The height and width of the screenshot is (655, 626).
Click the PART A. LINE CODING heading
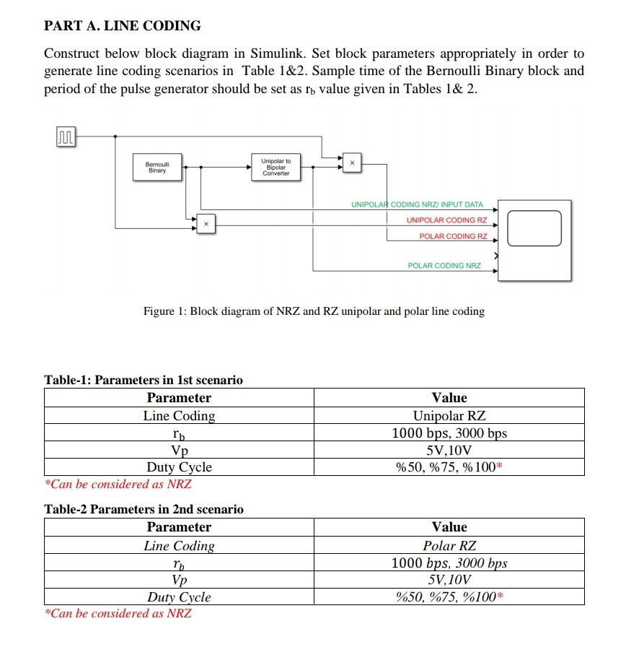[123, 26]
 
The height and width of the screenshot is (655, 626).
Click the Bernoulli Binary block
[157, 167]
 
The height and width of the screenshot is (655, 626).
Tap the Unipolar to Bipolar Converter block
[276, 167]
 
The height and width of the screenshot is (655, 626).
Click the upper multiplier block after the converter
[352, 164]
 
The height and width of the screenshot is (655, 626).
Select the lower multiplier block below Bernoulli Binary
[206, 225]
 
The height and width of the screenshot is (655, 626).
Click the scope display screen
[534, 228]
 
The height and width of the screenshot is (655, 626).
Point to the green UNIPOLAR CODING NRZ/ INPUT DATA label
[417, 205]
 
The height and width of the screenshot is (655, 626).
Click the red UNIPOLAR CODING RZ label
[446, 220]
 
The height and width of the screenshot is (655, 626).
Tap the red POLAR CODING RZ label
[453, 236]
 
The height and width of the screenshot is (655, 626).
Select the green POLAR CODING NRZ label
[444, 266]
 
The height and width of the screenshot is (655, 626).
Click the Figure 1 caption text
[314, 311]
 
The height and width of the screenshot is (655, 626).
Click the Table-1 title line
[144, 380]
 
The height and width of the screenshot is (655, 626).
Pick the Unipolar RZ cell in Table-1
[449, 416]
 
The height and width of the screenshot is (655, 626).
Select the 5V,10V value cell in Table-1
[449, 450]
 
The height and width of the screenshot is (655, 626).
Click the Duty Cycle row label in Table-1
[179, 467]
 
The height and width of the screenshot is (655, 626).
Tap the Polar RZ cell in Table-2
[449, 546]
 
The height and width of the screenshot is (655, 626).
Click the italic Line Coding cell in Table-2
[179, 546]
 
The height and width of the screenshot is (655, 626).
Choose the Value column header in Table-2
[449, 527]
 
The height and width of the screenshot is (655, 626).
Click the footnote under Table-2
[118, 614]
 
